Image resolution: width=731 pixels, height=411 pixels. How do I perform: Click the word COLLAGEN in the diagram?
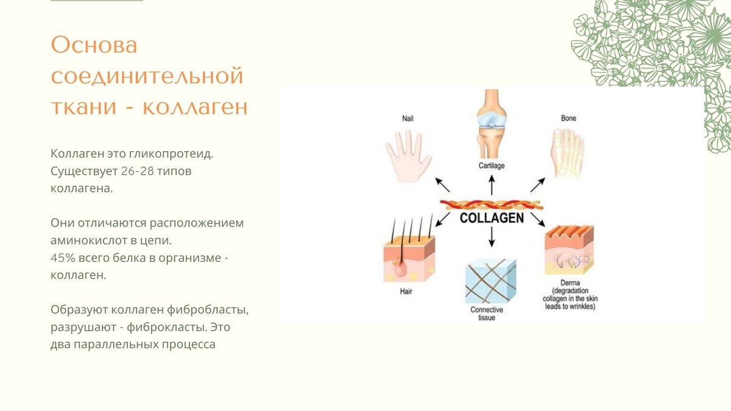[492, 218]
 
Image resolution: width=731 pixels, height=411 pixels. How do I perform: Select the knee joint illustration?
[492, 125]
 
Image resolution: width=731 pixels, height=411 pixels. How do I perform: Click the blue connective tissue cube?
[490, 281]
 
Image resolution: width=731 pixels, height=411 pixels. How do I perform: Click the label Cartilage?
[492, 166]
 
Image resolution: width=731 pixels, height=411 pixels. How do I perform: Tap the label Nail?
[408, 118]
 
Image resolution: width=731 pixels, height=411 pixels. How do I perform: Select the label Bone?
[568, 118]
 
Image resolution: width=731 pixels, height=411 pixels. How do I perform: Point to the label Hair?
[406, 292]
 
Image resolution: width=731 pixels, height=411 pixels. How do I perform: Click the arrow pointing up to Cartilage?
[492, 184]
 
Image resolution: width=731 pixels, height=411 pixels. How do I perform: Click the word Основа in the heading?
[94, 45]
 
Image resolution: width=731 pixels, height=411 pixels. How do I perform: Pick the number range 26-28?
[137, 171]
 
